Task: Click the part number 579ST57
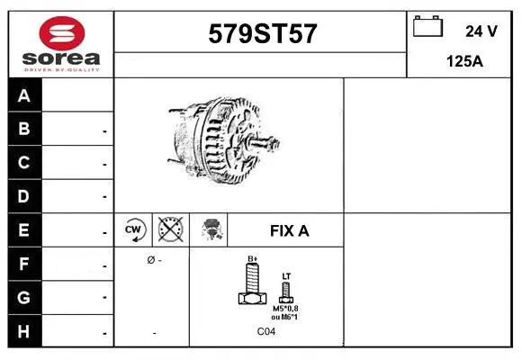coord(262,33)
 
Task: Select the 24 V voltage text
coord(481,31)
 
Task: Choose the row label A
coord(24,95)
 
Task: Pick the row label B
coord(24,129)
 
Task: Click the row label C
coord(24,163)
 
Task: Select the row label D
coord(24,196)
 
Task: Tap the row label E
coord(24,229)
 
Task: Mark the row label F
coord(24,264)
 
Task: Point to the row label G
coord(24,297)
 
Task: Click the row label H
coord(24,331)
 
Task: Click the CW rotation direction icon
coord(134,230)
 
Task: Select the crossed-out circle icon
coord(169,230)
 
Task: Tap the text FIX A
coord(289,230)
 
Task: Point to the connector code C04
coord(266,332)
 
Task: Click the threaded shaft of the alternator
coord(265,142)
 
